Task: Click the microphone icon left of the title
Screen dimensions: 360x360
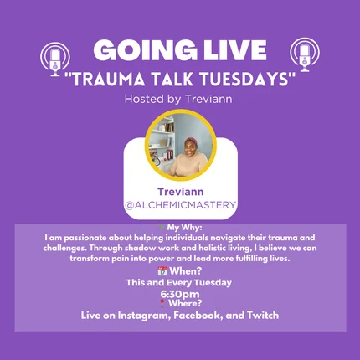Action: pos(55,59)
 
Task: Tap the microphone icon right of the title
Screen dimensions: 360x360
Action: pos(305,55)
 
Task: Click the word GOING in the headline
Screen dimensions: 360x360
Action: pos(145,50)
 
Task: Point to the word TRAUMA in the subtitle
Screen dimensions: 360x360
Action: pos(109,79)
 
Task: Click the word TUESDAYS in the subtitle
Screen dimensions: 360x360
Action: pos(244,79)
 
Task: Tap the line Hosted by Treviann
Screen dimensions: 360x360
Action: pos(178,99)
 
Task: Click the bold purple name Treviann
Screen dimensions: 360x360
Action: pos(181,192)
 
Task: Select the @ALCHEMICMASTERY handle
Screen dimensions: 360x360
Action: pos(181,205)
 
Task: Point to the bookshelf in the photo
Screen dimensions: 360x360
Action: pos(162,141)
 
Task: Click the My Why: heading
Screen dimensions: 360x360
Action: pos(184,228)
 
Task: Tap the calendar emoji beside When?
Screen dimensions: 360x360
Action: pos(162,271)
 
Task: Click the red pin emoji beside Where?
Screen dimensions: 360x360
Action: pos(162,303)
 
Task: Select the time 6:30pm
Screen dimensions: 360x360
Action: pos(180,294)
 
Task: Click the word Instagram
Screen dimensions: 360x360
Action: pos(144,316)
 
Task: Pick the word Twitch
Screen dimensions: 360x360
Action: pos(263,315)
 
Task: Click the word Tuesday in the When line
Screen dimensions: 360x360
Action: pos(213,283)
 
